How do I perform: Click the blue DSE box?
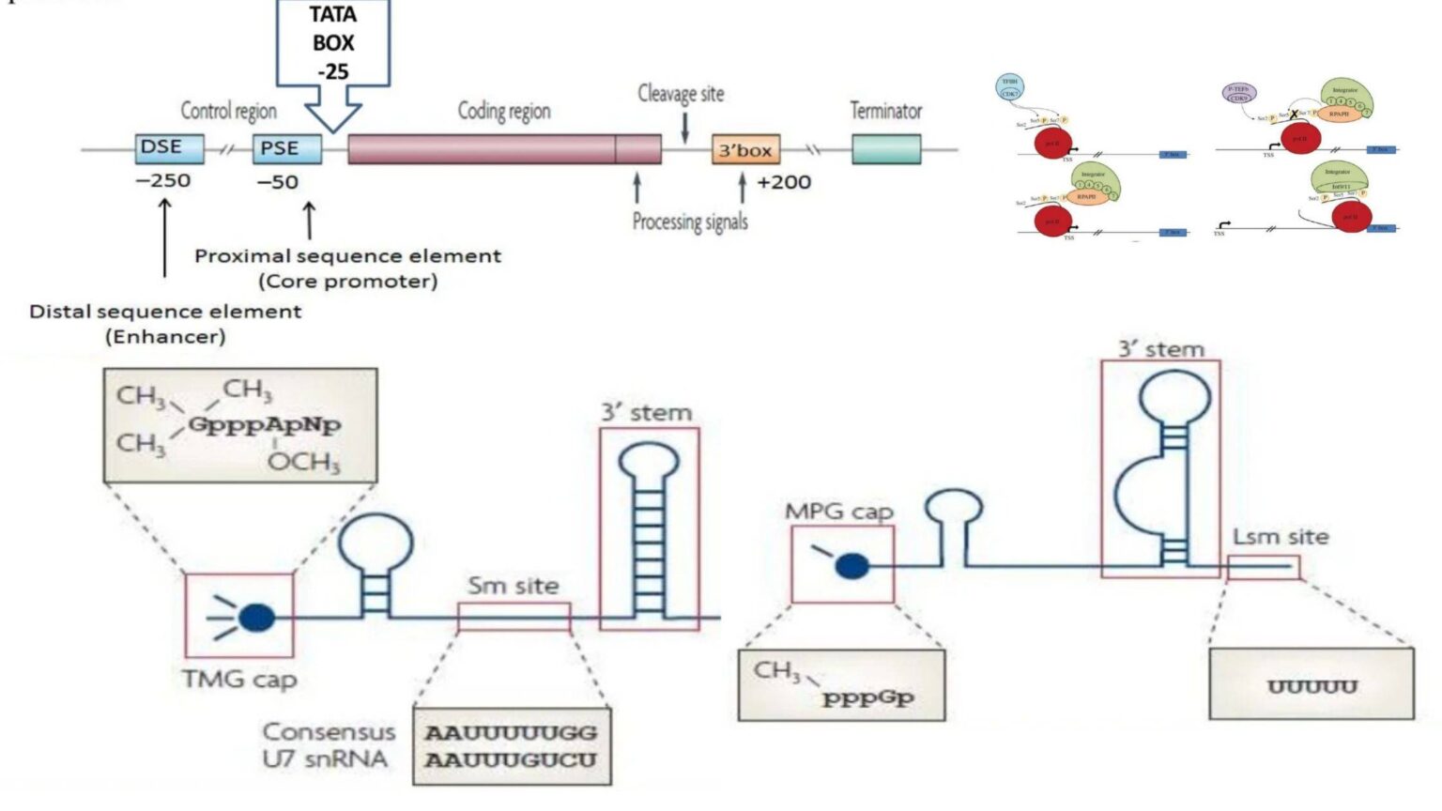[x=169, y=147]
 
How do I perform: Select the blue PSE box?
[x=286, y=148]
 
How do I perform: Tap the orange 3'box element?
[x=745, y=150]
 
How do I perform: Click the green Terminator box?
[x=885, y=149]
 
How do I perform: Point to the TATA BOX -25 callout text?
[x=333, y=42]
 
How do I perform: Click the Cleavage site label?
[x=681, y=94]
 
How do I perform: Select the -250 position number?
[x=163, y=180]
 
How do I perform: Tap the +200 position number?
[x=784, y=182]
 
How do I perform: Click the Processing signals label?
[x=690, y=222]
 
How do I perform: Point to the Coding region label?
[x=504, y=111]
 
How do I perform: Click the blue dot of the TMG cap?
[x=256, y=618]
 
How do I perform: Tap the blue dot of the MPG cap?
[x=851, y=565]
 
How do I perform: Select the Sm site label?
[x=514, y=586]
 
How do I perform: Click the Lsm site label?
[x=1281, y=537]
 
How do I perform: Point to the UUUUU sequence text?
[x=1312, y=687]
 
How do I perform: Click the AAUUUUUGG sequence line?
[x=511, y=733]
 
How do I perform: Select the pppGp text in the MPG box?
[x=867, y=698]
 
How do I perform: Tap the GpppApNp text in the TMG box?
[x=265, y=425]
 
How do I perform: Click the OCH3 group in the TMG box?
[x=303, y=462]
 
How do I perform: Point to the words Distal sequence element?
[x=165, y=312]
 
